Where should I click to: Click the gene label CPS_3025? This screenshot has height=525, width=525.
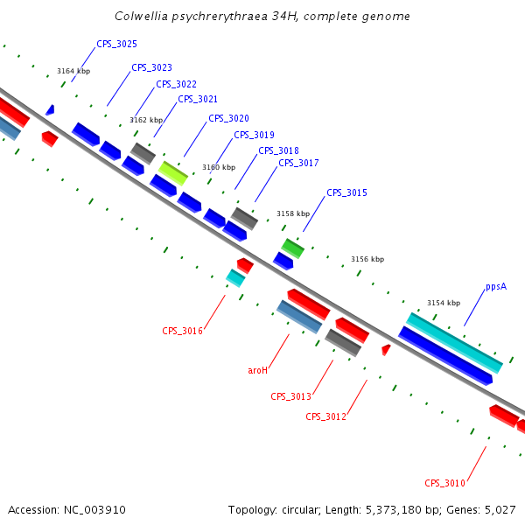pyautogui.click(x=116, y=44)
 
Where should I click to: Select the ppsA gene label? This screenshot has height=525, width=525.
pyautogui.click(x=496, y=286)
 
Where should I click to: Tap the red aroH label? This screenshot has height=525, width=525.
pyautogui.click(x=257, y=370)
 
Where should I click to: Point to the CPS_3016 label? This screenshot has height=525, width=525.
pyautogui.click(x=182, y=331)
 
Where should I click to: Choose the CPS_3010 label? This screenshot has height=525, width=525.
pyautogui.click(x=444, y=483)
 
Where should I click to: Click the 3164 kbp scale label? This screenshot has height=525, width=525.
pyautogui.click(x=73, y=71)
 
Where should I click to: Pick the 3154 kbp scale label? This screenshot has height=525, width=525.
pyautogui.click(x=444, y=303)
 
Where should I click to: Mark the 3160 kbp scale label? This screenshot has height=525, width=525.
pyautogui.click(x=219, y=167)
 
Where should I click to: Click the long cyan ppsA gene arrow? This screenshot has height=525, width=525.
pyautogui.click(x=454, y=342)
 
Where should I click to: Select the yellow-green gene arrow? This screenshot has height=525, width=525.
pyautogui.click(x=173, y=172)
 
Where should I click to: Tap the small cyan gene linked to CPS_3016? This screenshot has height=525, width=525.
pyautogui.click(x=235, y=277)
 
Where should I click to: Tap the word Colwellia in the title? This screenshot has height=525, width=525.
pyautogui.click(x=141, y=17)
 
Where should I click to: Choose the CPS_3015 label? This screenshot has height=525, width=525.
pyautogui.click(x=346, y=192)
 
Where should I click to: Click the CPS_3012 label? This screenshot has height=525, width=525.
pyautogui.click(x=325, y=416)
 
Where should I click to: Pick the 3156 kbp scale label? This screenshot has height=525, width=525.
pyautogui.click(x=367, y=259)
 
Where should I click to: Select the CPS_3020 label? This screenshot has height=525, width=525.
pyautogui.click(x=228, y=118)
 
